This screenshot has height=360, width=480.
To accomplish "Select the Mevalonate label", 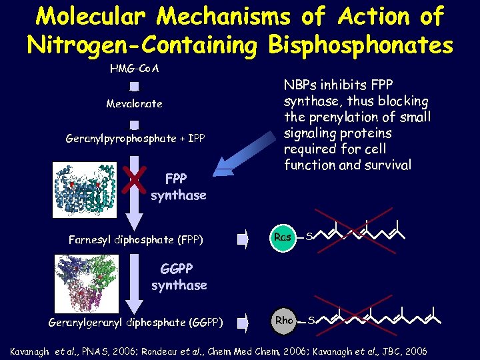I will (134, 104).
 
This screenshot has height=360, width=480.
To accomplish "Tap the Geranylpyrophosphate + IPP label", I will (135, 139).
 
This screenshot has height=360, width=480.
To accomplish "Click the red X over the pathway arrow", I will (135, 178).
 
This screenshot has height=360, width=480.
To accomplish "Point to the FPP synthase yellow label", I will (178, 187).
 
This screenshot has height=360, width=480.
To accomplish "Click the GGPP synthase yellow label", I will (178, 277).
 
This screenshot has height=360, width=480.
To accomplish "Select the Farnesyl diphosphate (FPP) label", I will (135, 239).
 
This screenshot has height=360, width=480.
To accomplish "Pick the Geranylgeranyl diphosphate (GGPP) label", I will (135, 322).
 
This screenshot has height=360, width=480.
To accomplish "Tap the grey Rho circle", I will (284, 321).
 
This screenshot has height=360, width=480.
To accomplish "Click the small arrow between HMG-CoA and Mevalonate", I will (134, 87).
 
